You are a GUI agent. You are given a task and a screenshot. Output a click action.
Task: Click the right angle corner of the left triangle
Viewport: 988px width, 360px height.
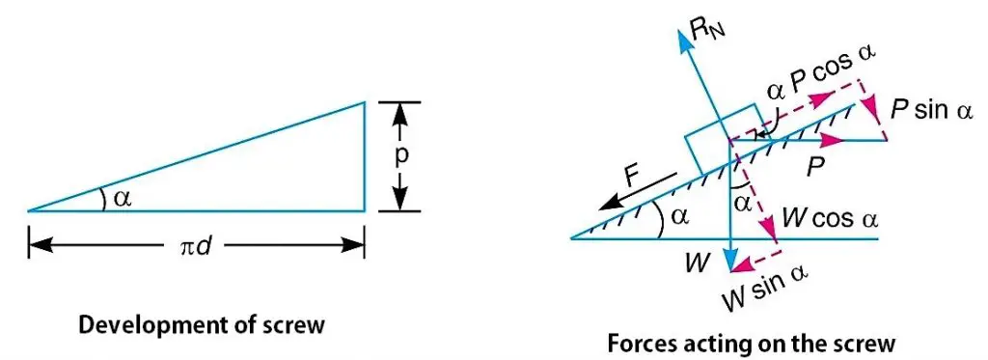[364, 209]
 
